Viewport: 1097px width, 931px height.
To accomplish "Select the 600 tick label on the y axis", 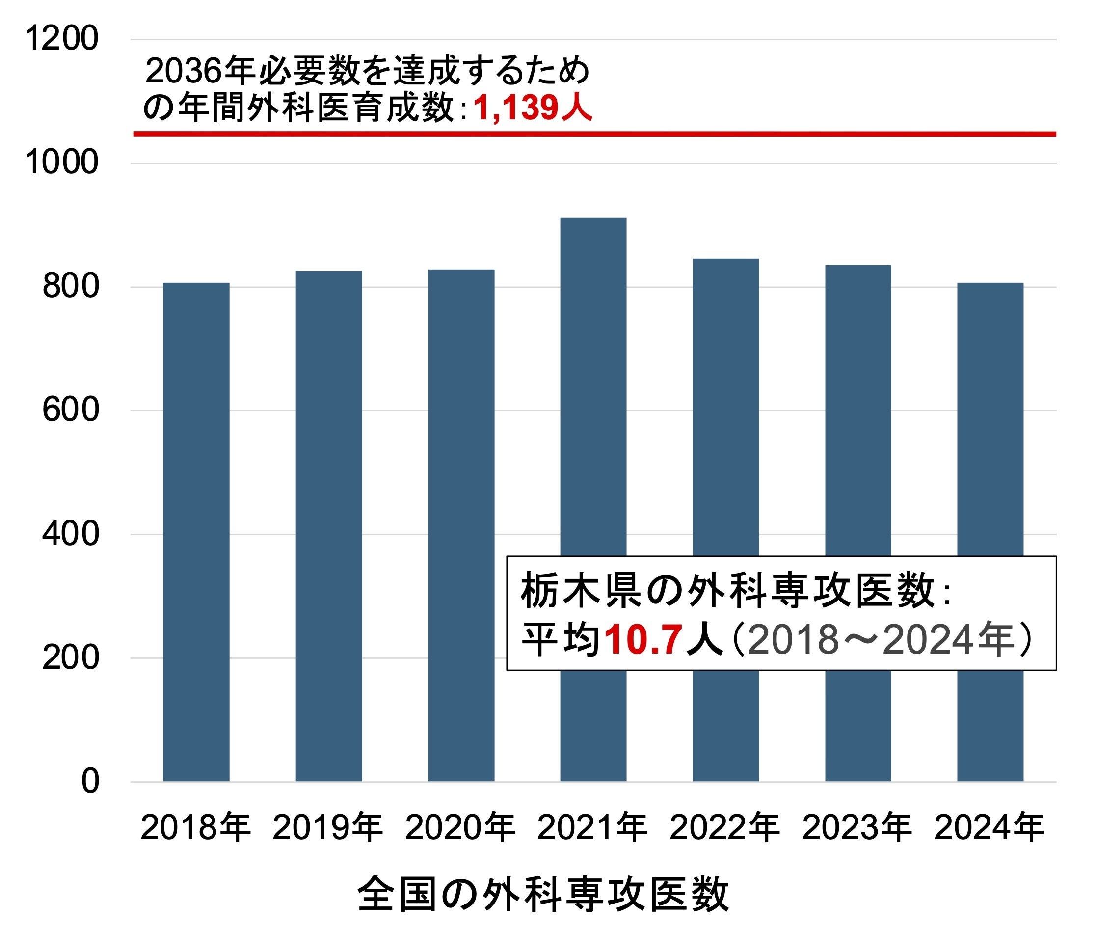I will [x=71, y=410].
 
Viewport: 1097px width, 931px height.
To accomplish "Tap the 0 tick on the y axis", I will [x=90, y=782].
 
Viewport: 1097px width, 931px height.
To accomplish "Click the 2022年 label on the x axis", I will [x=724, y=827].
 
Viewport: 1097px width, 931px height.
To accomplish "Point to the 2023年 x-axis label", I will [x=857, y=827].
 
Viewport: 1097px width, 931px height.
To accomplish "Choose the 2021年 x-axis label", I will [x=592, y=827].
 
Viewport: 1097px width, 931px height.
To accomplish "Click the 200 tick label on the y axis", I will [x=71, y=657].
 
